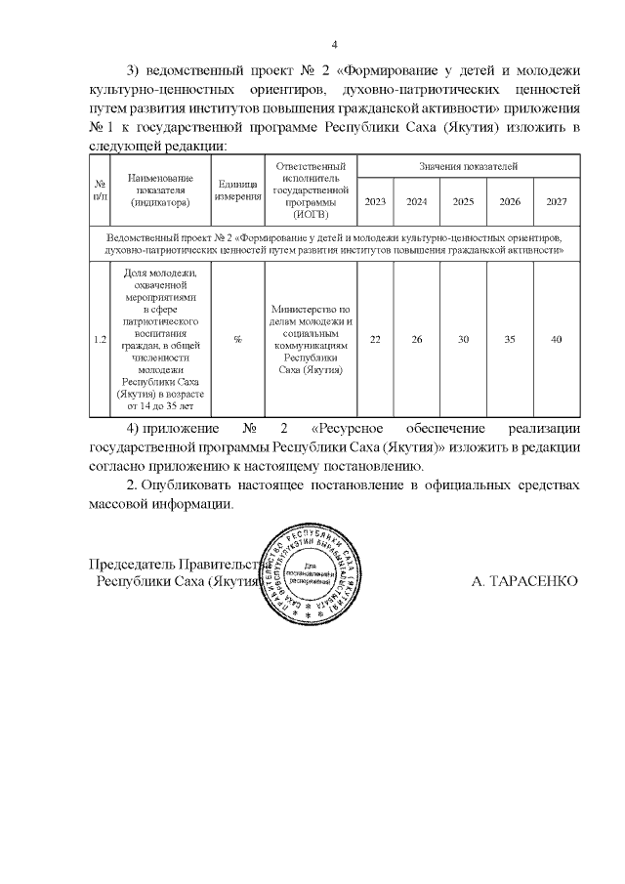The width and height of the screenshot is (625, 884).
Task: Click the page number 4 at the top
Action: [x=334, y=45]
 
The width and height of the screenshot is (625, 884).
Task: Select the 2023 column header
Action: [x=375, y=201]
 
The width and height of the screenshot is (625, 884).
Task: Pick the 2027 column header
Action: [x=557, y=201]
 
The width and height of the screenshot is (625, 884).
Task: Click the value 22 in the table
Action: [x=375, y=339]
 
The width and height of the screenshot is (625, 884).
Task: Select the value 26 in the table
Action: [x=417, y=339]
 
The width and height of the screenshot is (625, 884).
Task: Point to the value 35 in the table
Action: [x=510, y=339]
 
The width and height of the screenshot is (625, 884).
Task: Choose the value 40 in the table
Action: [x=557, y=339]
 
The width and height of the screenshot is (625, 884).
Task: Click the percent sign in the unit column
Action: [x=237, y=339]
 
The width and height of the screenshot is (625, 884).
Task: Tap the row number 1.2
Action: [x=100, y=339]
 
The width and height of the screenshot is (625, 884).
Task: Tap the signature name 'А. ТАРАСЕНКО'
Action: [x=524, y=581]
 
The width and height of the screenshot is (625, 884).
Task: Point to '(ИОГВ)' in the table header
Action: [x=310, y=215]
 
